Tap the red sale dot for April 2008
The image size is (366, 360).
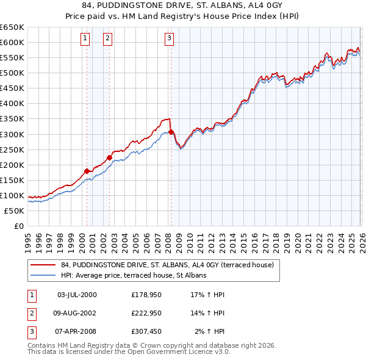click(171, 132)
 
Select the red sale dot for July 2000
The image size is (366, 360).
click(87, 171)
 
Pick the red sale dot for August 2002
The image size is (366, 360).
click(109, 157)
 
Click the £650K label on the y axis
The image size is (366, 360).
click(12, 27)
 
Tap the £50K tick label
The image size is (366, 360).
click(15, 211)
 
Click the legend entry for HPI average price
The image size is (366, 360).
click(134, 275)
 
